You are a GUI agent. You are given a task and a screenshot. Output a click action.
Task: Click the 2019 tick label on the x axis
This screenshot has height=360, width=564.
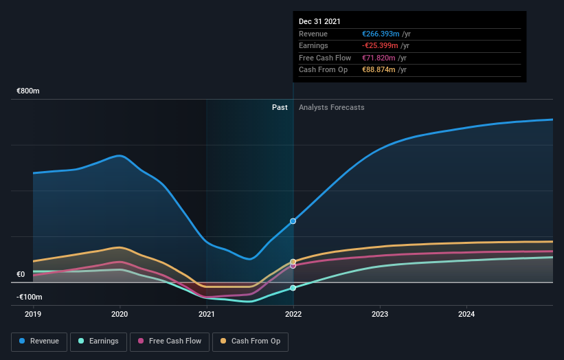click(33, 314)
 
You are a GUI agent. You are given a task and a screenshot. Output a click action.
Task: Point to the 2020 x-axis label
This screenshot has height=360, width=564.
click(120, 314)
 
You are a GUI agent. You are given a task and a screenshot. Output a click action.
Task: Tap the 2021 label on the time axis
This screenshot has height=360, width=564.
click(206, 314)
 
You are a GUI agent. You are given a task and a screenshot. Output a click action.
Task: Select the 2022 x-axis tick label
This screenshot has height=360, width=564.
click(293, 314)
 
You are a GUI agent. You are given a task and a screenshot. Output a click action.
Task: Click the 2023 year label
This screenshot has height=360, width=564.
click(380, 314)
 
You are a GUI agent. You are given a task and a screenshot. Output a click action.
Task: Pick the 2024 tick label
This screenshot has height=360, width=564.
click(466, 314)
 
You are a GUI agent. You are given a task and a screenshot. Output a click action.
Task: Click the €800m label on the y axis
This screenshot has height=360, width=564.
click(28, 91)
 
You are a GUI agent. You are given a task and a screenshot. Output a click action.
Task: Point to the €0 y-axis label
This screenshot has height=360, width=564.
click(21, 274)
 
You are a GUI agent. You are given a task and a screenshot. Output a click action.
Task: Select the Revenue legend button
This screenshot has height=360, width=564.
click(39, 341)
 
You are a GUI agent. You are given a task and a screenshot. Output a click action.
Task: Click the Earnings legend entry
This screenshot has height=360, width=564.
click(99, 341)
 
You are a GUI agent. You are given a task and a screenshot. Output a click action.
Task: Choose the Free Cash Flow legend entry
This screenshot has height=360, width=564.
click(170, 341)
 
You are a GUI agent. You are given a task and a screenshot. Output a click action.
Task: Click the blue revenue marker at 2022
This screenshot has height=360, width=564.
click(293, 221)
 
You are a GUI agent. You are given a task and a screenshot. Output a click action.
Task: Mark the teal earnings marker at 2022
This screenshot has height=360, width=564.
click(293, 288)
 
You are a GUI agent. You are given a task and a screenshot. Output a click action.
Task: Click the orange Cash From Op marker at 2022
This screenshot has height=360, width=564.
click(293, 262)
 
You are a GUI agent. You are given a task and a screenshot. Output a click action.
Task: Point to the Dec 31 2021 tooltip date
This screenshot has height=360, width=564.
click(319, 22)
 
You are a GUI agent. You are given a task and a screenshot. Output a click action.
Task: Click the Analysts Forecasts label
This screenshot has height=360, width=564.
click(331, 107)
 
